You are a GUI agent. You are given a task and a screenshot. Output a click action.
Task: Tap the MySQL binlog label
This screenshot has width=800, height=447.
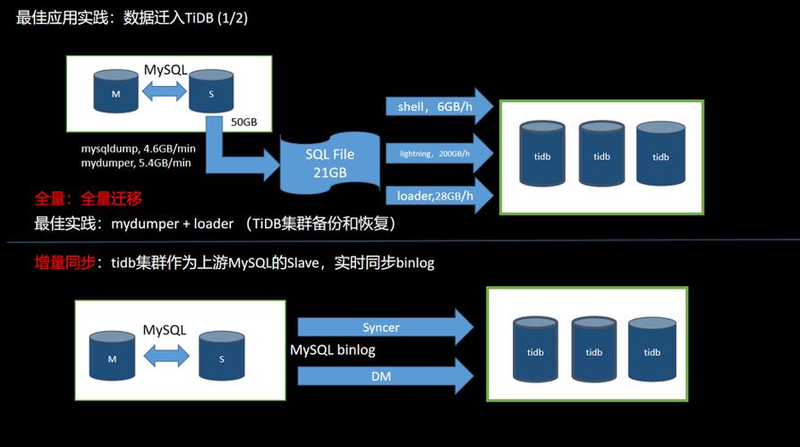(x=333, y=350)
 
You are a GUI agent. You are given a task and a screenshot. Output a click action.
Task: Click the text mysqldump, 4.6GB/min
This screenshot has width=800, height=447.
(x=137, y=148)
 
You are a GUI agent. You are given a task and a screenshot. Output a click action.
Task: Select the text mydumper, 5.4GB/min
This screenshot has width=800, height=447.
(x=136, y=163)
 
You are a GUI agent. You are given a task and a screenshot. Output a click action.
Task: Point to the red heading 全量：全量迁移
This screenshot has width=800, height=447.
(x=88, y=198)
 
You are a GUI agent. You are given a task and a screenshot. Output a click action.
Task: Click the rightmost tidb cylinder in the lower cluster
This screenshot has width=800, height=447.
(x=651, y=350)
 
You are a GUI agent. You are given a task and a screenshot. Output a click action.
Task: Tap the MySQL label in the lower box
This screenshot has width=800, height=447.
(x=165, y=330)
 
